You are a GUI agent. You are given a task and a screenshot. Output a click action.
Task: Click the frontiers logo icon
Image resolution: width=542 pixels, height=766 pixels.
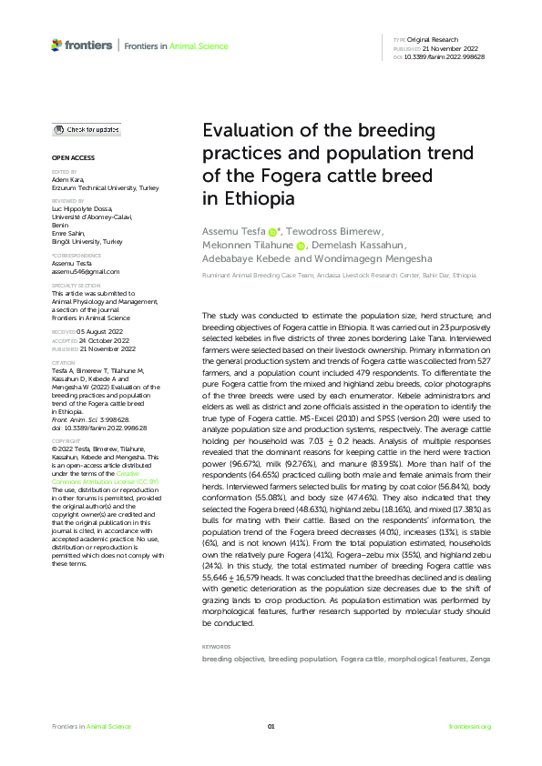coord(57,45)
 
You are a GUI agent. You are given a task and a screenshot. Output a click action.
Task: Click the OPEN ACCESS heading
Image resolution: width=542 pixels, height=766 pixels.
coord(69,159)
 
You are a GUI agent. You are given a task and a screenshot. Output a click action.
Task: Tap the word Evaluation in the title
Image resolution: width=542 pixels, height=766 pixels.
coord(243,130)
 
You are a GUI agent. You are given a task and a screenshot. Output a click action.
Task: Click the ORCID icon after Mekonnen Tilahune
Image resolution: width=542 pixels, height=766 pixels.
coord(300,245)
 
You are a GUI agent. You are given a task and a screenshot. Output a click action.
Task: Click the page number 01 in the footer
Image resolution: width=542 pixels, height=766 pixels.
coord(271,726)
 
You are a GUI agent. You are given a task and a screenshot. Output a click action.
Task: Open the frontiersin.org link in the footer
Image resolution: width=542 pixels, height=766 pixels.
coord(470,726)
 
